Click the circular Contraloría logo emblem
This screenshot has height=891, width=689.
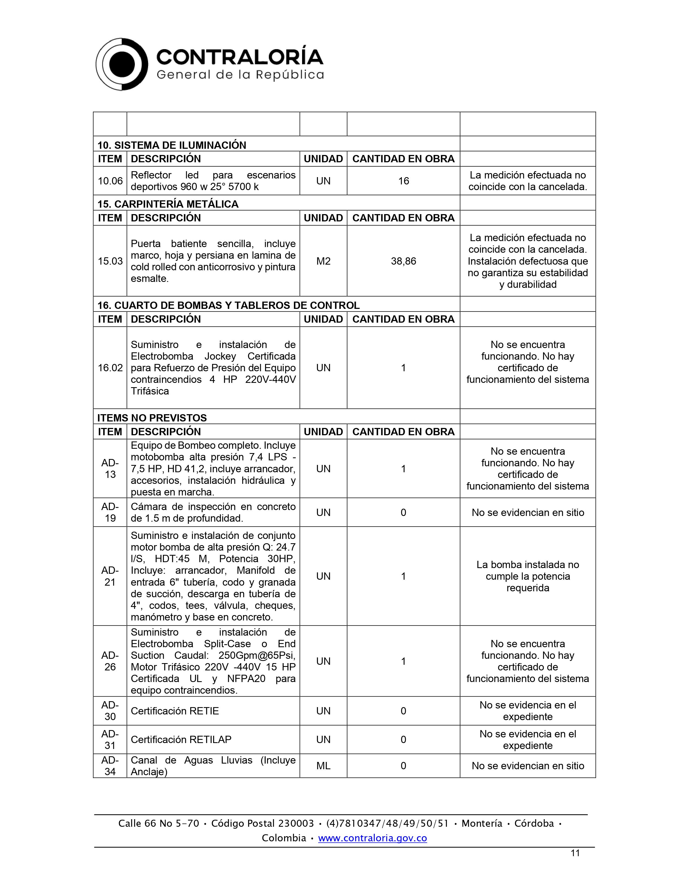pos(122,65)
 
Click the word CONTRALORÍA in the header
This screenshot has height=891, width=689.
pos(240,57)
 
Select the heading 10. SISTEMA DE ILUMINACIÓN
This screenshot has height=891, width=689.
pos(171,145)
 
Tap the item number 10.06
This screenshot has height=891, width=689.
pos(110,181)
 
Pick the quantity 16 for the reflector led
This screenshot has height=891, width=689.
pos(403,181)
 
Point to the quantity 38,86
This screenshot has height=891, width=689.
pos(403,261)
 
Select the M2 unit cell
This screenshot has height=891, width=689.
pos(323,261)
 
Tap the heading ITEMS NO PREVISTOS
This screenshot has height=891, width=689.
pos(152,418)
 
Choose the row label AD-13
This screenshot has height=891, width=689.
pos(110,469)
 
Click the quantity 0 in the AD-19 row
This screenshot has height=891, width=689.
pos(403,512)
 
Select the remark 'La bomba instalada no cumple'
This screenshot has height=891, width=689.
pos(527,576)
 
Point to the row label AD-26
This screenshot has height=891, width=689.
pos(110,661)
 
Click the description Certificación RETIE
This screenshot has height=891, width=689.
pos(175,711)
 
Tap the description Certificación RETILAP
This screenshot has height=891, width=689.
pos(181,740)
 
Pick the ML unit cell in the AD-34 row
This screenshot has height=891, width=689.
pos(323,766)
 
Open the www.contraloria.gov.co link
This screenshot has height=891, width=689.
pos(372,838)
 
